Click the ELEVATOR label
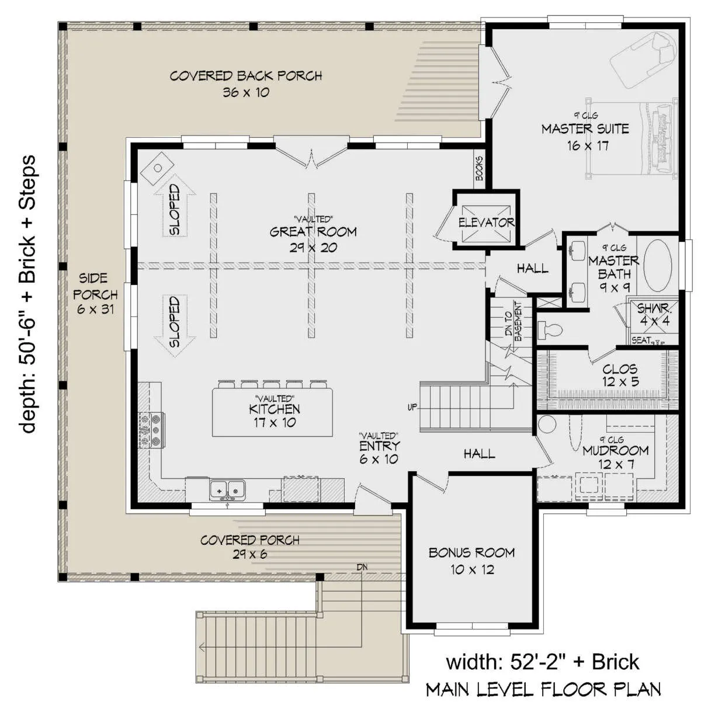point(486,222)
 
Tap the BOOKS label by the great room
point(479,169)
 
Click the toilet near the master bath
point(550,329)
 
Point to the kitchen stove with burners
point(151,430)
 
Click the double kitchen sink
point(227,490)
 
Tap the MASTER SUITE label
point(585,129)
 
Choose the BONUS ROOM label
point(472,552)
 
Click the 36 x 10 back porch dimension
point(246,92)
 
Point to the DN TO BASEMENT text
point(513,321)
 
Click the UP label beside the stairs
point(412,407)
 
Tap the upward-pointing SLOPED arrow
point(175,205)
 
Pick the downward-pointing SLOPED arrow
point(175,326)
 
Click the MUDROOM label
point(616,450)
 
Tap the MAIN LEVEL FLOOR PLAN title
point(543,689)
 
